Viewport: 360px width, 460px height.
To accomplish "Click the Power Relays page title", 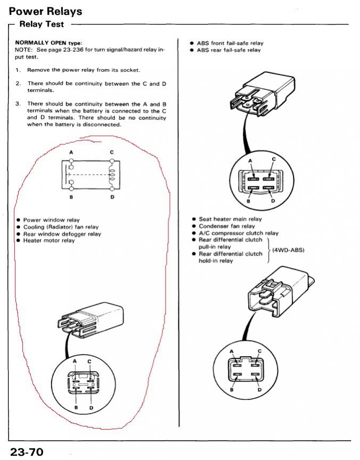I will pos(45,11).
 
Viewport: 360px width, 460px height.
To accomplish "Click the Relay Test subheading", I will pos(42,24).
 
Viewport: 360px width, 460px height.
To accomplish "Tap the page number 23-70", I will pos(26,452).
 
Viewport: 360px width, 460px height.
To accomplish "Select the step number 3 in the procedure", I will pos(18,104).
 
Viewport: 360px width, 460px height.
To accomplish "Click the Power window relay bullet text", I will pos(51,219).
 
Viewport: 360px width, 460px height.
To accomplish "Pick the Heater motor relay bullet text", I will pos(49,240).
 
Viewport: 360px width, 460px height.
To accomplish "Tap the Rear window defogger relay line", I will pos(62,234).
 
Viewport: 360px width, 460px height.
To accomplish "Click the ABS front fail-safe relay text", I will pos(230,43).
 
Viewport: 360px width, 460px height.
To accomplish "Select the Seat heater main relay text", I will pos(230,219).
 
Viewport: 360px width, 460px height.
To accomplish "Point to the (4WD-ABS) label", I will pos(288,250).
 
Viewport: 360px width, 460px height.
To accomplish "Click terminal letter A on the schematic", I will pos(71,153).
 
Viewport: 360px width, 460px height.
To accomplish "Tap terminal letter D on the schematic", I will pos(112,197).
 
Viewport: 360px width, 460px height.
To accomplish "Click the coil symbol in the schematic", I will pos(112,175).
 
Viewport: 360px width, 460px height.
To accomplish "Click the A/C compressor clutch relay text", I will pos(239,233).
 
